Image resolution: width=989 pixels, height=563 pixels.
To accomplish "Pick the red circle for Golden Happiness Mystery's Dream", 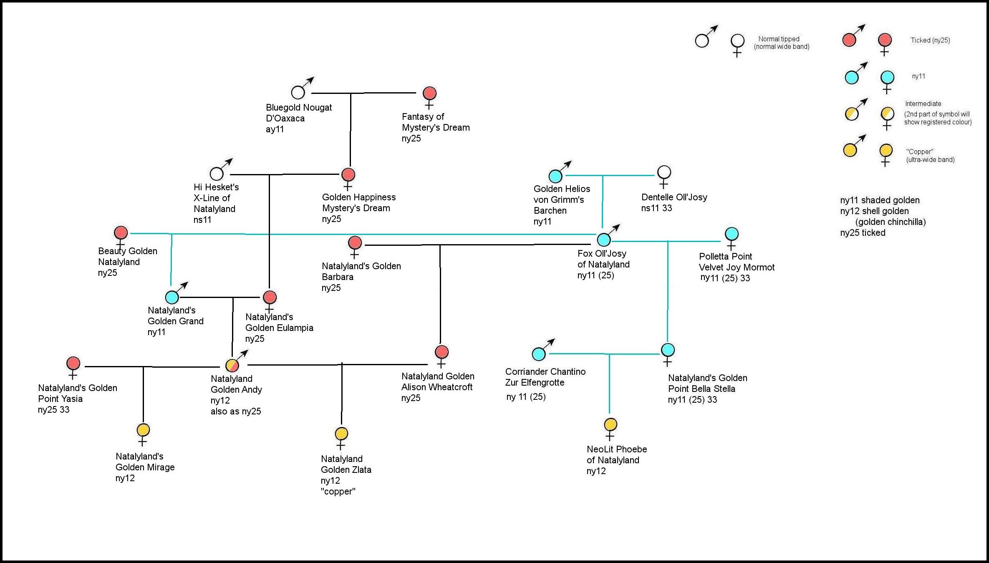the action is click(x=348, y=174).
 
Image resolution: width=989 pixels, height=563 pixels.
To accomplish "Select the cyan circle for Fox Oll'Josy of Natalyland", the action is click(x=604, y=240).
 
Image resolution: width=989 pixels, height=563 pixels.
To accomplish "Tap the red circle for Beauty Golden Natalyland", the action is click(x=121, y=232).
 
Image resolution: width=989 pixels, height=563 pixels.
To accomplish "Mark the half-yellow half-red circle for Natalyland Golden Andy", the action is click(x=232, y=366).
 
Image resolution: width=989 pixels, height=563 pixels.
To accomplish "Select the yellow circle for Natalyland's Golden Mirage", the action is click(x=143, y=430).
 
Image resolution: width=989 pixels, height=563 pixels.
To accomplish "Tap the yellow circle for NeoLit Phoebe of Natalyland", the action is click(x=611, y=425).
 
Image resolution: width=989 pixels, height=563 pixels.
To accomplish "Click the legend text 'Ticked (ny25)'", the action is click(x=930, y=40).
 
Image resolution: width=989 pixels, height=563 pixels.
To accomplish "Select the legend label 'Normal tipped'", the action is click(x=779, y=39).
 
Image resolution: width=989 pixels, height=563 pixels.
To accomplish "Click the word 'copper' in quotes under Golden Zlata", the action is click(x=338, y=492).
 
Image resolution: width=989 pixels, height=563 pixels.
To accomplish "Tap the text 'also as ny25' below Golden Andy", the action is click(x=236, y=412).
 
